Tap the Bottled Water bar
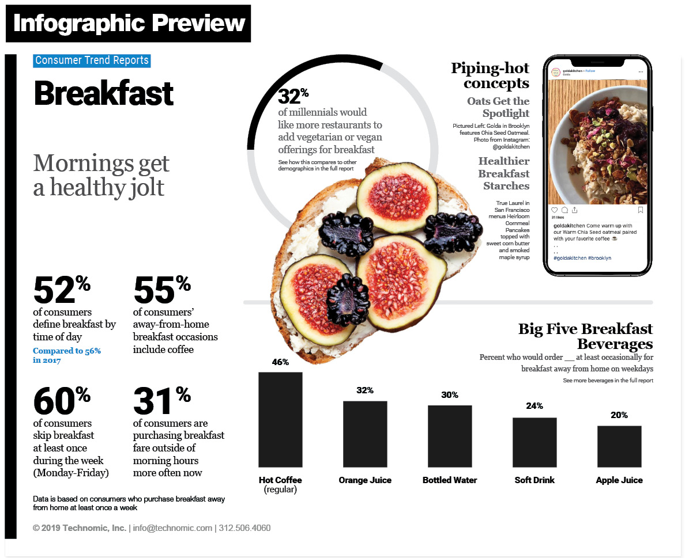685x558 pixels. [x=450, y=436]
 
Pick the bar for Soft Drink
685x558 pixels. [x=535, y=442]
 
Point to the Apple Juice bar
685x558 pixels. [x=619, y=446]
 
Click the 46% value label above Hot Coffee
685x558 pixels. [x=280, y=362]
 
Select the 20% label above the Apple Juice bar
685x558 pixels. [x=619, y=415]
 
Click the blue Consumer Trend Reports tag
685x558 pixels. [x=92, y=60]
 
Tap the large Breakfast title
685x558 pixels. [x=104, y=93]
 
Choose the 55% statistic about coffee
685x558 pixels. [x=161, y=290]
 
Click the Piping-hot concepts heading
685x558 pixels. [x=490, y=76]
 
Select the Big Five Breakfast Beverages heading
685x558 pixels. [x=585, y=336]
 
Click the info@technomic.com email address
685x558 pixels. [x=172, y=528]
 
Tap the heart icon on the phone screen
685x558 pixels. [x=555, y=210]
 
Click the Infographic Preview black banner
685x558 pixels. [x=129, y=24]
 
